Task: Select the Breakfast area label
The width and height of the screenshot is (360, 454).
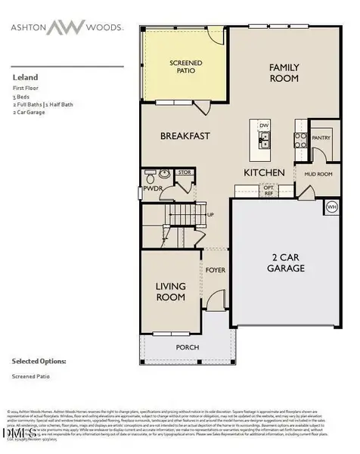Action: (x=185, y=136)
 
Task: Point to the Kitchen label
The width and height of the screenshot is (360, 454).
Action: (x=264, y=173)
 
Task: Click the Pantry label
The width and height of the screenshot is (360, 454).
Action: (x=321, y=138)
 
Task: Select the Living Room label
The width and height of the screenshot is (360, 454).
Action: (x=171, y=291)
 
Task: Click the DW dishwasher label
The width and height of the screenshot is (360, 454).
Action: (x=265, y=125)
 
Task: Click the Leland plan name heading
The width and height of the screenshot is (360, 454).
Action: (x=24, y=76)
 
